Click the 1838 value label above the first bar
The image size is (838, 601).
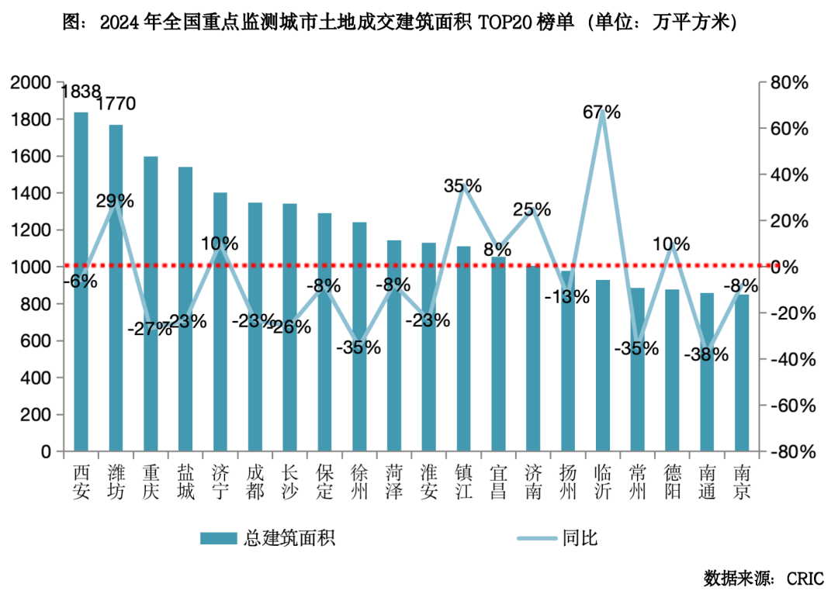coord(81,92)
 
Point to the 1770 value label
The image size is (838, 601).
coord(116,104)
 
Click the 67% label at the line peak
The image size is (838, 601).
coord(602,112)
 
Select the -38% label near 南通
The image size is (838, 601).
coord(706,355)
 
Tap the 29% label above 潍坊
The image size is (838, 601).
coord(115,202)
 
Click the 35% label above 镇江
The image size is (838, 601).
coord(462,186)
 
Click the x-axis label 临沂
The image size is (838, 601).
coord(602,482)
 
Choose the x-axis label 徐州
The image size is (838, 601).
coord(359,482)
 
